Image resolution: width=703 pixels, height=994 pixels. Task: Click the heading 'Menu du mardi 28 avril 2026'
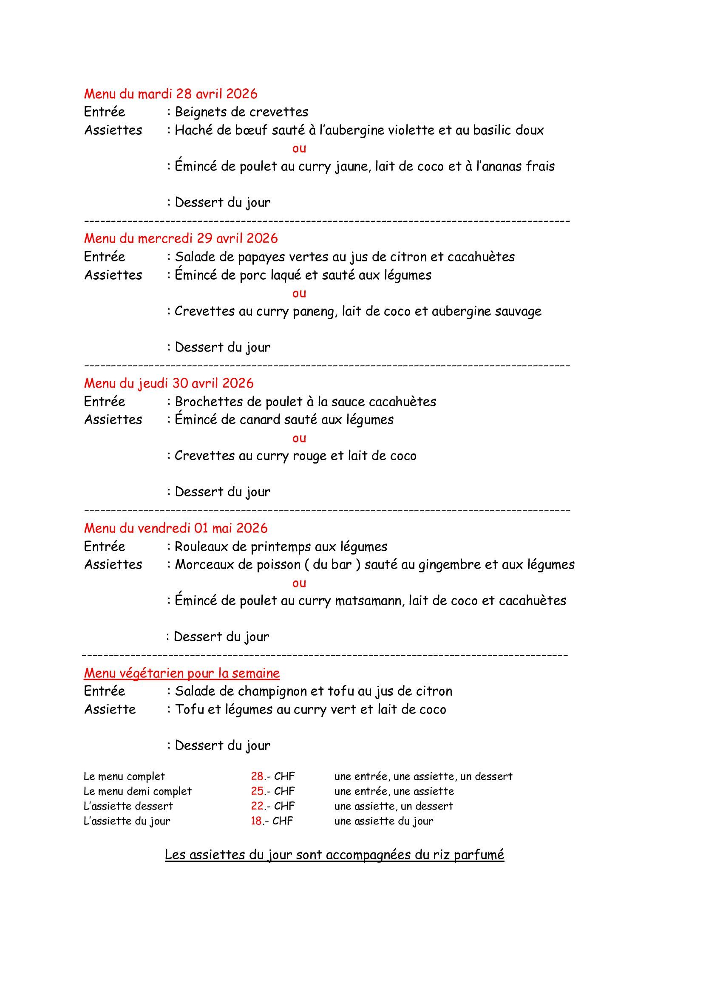pyautogui.click(x=170, y=94)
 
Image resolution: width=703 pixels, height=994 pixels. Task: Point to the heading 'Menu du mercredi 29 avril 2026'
pyautogui.click(x=181, y=238)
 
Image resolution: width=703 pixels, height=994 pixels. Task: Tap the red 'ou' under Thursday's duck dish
pyautogui.click(x=299, y=438)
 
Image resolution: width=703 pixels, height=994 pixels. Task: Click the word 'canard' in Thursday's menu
pyautogui.click(x=259, y=419)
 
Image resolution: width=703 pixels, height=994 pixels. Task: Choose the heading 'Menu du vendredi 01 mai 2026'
pyautogui.click(x=176, y=528)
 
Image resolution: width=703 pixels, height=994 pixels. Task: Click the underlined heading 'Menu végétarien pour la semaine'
pyautogui.click(x=182, y=673)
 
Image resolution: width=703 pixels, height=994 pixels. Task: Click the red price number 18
pyautogui.click(x=256, y=821)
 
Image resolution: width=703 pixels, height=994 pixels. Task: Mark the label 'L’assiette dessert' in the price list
pyautogui.click(x=128, y=806)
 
